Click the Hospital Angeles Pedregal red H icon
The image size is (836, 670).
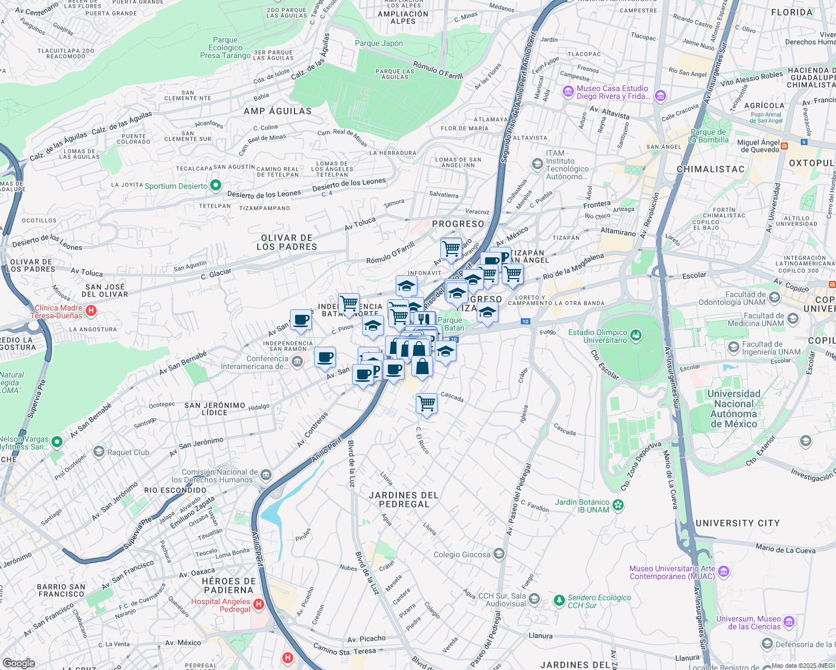(258, 604)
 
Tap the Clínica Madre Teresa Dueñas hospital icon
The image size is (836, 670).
(91, 310)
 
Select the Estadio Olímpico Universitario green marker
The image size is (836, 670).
(635, 336)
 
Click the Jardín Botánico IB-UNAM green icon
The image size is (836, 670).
(617, 505)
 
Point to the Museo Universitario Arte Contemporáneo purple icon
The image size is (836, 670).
(724, 571)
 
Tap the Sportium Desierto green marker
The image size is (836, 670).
(215, 185)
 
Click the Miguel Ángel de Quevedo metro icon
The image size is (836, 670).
(784, 146)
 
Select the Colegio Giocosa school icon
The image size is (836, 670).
(499, 554)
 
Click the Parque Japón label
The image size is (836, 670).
(378, 43)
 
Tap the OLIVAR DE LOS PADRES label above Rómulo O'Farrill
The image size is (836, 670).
(287, 242)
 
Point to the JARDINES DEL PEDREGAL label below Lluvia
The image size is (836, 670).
(403, 500)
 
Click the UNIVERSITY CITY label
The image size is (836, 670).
(737, 523)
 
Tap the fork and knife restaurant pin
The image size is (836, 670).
(424, 319)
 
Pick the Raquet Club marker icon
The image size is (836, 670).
(99, 451)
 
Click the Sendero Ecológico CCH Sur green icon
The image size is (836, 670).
(559, 601)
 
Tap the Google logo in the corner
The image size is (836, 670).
(19, 663)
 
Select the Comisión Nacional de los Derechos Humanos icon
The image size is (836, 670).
(266, 476)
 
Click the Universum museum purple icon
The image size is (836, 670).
(789, 622)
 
